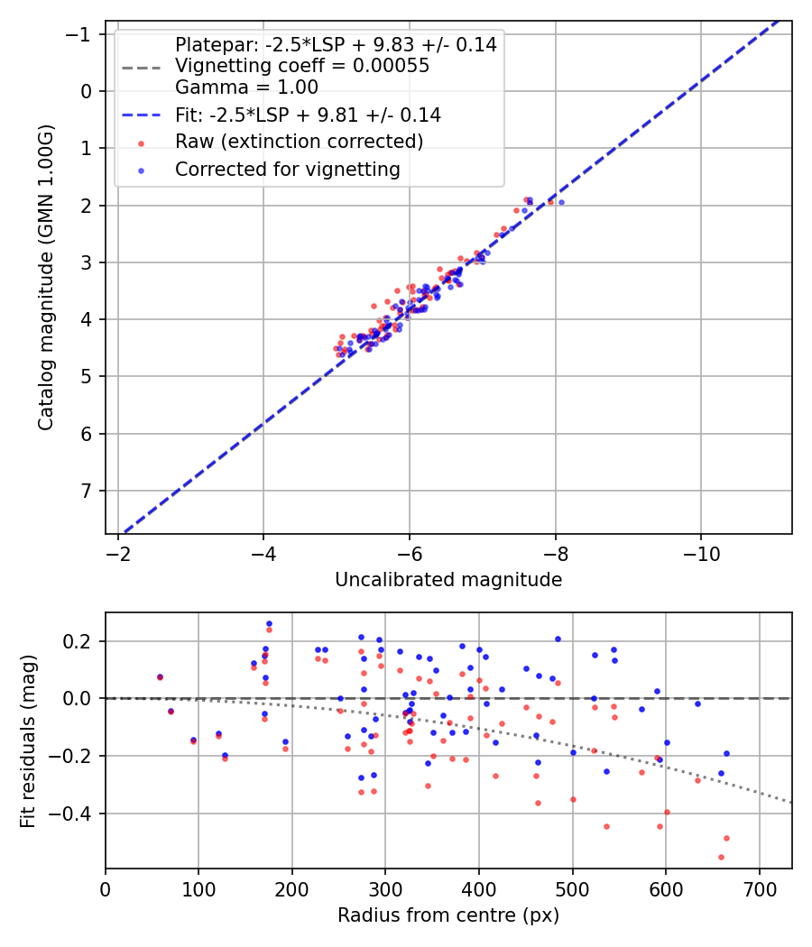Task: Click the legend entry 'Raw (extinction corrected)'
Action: pos(299,142)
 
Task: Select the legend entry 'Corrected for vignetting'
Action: pos(288,169)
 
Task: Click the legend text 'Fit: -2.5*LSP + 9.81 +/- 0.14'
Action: pos(308,115)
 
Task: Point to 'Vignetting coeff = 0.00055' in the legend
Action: pos(302,66)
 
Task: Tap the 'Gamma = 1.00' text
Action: pos(246,87)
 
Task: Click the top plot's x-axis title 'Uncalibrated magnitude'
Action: pos(448,580)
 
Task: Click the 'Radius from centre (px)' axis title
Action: pos(448,915)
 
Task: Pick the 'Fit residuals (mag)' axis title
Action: pos(28,740)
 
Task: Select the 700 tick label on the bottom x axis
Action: pos(759,888)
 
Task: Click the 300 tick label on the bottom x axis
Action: pos(385,888)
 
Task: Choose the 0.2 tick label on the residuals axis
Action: pos(81,641)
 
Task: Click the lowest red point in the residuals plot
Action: pos(721,857)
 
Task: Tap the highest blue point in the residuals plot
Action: pos(269,623)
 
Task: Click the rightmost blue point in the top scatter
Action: pos(561,202)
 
